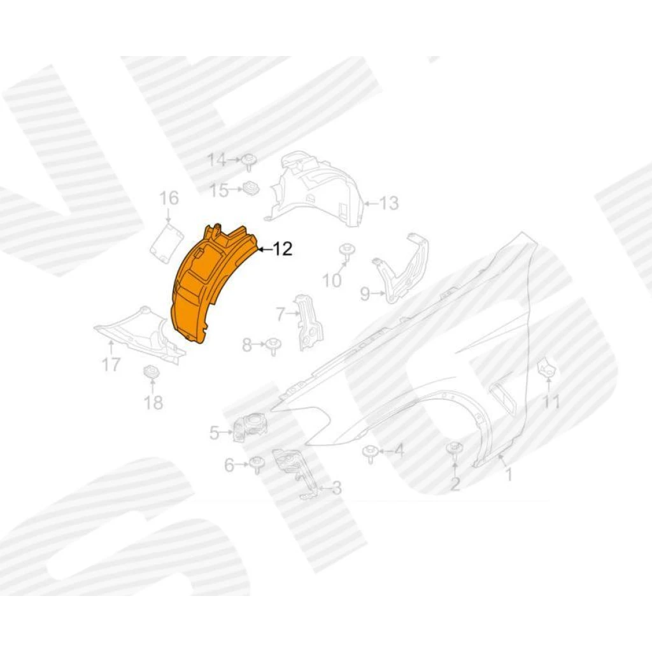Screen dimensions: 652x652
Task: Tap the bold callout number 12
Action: pos(283,249)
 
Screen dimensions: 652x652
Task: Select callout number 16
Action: pos(169,199)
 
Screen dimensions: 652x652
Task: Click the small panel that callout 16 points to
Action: pos(167,243)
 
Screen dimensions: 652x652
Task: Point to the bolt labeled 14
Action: pos(249,162)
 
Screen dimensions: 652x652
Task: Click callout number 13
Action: pos(389,203)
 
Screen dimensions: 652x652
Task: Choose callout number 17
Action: pos(111,365)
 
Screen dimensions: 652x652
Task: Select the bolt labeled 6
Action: pos(256,465)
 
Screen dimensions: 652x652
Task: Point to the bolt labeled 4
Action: pos(370,453)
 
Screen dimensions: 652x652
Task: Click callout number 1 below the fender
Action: pos(508,474)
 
